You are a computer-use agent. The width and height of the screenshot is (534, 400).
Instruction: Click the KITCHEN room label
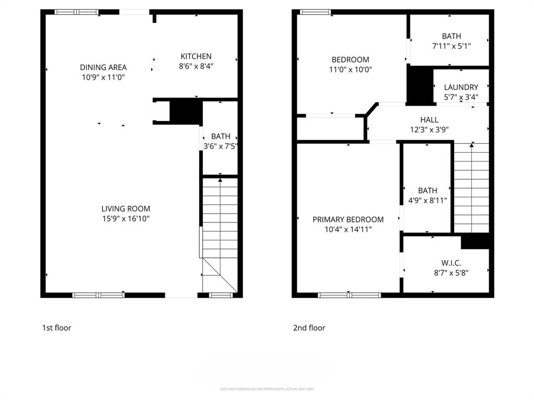[196, 56]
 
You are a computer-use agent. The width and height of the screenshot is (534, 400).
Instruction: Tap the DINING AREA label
[103, 67]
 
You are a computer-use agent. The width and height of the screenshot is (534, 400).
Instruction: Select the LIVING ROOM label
[126, 209]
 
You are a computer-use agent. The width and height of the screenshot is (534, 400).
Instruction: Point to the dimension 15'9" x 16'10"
[126, 219]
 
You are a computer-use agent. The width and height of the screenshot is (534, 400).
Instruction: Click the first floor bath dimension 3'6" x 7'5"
[220, 146]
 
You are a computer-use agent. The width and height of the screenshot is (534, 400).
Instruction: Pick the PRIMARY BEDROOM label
[348, 219]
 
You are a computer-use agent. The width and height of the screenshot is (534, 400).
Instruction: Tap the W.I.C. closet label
[446, 262]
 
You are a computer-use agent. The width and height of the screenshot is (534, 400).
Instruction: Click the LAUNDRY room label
[461, 87]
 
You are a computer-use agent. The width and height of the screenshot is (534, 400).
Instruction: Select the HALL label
[429, 120]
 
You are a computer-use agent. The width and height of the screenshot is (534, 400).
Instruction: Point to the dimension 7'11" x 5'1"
[451, 46]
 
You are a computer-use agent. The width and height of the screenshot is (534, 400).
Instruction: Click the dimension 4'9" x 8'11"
[427, 200]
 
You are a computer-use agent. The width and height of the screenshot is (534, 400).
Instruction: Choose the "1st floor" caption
[56, 328]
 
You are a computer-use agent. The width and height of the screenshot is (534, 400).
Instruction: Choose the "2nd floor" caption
[309, 328]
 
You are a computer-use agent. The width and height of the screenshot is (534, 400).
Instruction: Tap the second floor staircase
[471, 187]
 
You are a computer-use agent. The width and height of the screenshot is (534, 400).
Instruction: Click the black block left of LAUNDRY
[419, 85]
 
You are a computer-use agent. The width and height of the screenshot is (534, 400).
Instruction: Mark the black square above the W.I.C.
[475, 242]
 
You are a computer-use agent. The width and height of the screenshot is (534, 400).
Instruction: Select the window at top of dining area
[77, 11]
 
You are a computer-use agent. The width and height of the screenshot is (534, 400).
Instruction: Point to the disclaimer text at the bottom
[266, 389]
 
